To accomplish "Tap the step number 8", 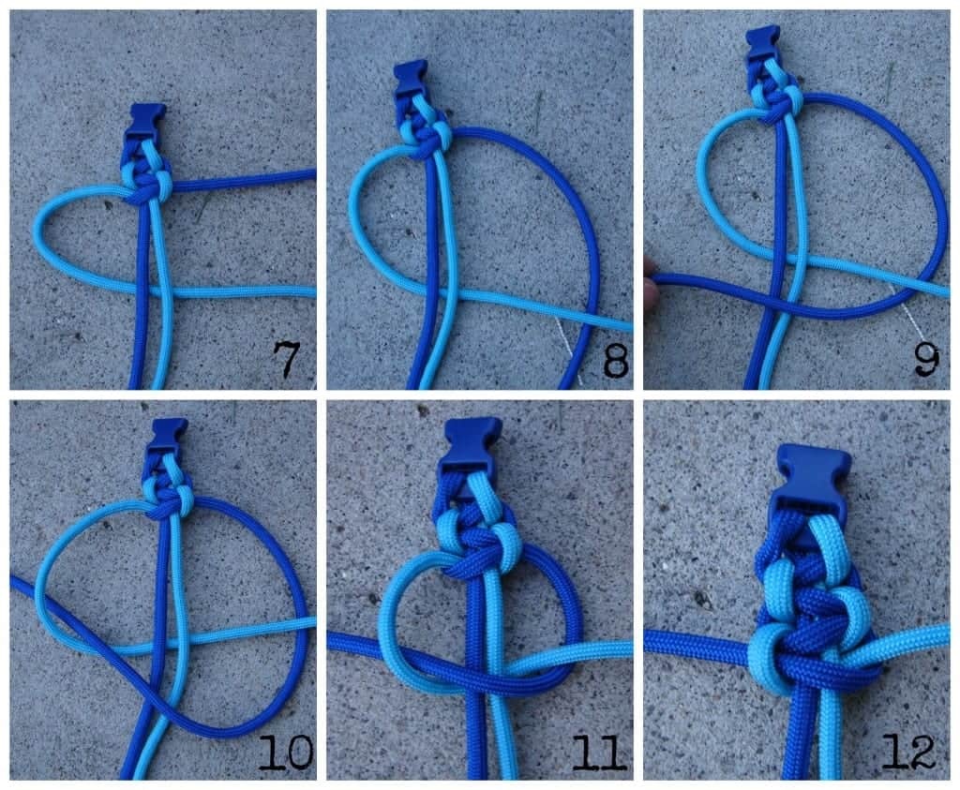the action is click(615, 360).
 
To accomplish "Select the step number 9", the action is click(926, 359).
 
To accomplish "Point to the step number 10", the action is click(285, 753).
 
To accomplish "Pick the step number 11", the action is click(599, 753).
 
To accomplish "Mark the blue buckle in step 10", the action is click(167, 436).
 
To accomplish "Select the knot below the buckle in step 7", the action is click(146, 184).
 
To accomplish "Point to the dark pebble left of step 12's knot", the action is click(701, 598).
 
